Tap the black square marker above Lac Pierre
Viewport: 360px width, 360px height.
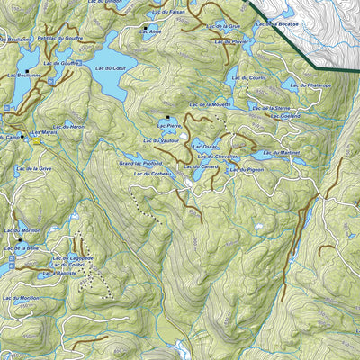166,118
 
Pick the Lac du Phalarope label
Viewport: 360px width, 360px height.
311,85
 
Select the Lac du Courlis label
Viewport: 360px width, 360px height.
249,79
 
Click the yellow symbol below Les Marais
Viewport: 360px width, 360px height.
36,140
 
